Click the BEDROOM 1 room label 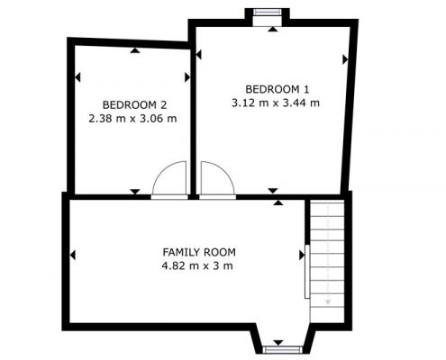pyautogui.click(x=277, y=89)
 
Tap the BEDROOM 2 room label pyautogui.click(x=134, y=105)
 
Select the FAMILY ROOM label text pyautogui.click(x=199, y=252)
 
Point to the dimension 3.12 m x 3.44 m pyautogui.click(x=276, y=103)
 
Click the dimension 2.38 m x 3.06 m pyautogui.click(x=132, y=119)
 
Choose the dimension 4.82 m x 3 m pyautogui.click(x=197, y=265)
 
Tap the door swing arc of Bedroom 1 pyautogui.click(x=223, y=171)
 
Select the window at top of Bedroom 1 pyautogui.click(x=267, y=13)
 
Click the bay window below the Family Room pyautogui.click(x=282, y=349)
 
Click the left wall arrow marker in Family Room pyautogui.click(x=72, y=256)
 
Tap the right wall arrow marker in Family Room pyautogui.click(x=302, y=256)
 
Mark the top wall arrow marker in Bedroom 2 pyautogui.click(x=135, y=50)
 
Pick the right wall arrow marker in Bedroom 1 pyautogui.click(x=345, y=59)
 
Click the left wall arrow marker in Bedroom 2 pyautogui.click(x=77, y=77)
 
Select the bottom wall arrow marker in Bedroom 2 pyautogui.click(x=135, y=192)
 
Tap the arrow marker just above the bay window pyautogui.click(x=278, y=343)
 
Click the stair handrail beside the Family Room pyautogui.click(x=307, y=272)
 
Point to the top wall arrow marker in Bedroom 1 pyautogui.click(x=273, y=29)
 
